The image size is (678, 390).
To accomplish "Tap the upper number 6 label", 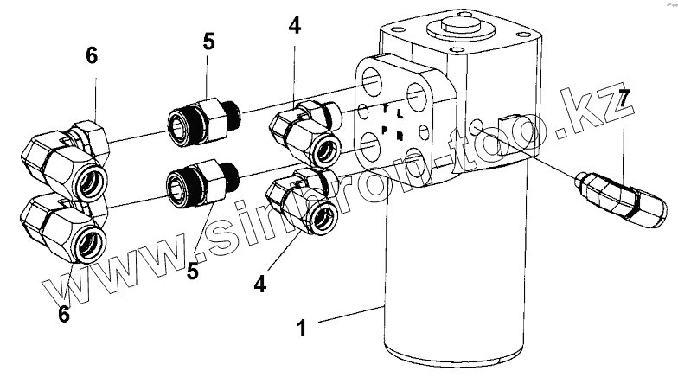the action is point(92,56).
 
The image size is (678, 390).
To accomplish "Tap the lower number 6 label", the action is point(63,314).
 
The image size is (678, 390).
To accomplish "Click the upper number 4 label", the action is point(295,26).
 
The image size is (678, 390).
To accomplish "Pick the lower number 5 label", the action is point(192,272).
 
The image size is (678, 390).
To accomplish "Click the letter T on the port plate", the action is point(387,108).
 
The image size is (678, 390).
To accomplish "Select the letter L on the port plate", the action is point(399,114).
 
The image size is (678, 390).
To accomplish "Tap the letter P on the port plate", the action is point(383,130).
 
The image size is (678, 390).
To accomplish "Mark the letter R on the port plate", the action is point(399,136).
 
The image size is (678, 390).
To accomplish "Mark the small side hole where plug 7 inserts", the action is point(477,129).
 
